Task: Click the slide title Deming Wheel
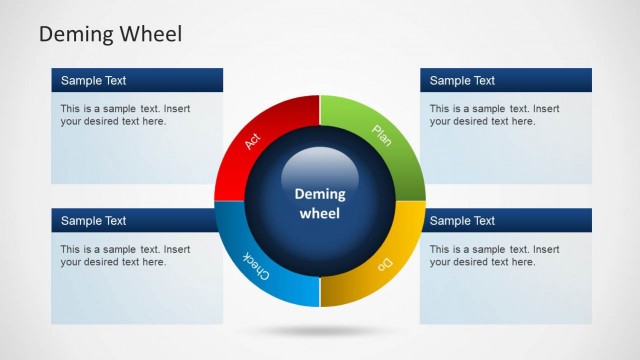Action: point(110,34)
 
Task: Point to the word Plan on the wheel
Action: point(382,134)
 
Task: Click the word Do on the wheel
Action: point(383,265)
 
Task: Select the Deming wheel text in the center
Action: point(320,203)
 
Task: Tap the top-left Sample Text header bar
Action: point(137,80)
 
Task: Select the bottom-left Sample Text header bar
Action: point(137,220)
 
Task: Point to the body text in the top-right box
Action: point(495,115)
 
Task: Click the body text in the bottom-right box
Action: point(495,255)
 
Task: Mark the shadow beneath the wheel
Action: point(320,330)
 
